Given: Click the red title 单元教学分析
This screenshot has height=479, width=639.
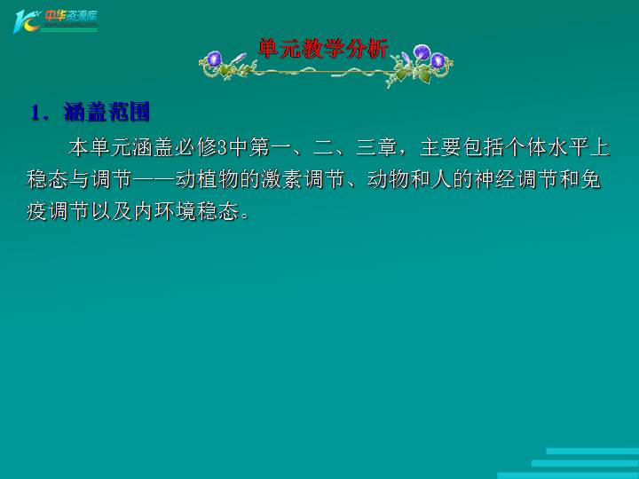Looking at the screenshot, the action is [x=322, y=49].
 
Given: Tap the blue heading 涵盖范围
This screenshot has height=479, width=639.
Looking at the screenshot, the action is [x=106, y=112].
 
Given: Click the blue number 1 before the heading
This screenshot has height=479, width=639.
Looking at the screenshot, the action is [x=35, y=113].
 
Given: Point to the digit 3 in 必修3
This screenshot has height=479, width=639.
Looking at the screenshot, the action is [x=223, y=147].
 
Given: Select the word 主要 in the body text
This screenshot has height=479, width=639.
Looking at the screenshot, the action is [x=440, y=147].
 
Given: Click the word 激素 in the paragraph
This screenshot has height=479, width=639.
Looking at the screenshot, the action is [x=281, y=179].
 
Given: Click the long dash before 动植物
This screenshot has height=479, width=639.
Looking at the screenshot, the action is [x=154, y=179].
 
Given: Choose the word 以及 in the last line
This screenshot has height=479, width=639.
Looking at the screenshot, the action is [x=111, y=211].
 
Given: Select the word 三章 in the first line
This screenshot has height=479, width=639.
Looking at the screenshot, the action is [x=376, y=147].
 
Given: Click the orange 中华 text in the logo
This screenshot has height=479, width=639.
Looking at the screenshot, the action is [x=57, y=15].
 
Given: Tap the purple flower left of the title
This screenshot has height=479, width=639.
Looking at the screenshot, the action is [x=214, y=59].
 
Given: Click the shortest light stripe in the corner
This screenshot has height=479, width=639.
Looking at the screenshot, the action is [x=593, y=452].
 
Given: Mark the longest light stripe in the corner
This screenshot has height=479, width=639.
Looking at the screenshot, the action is [x=568, y=475].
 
